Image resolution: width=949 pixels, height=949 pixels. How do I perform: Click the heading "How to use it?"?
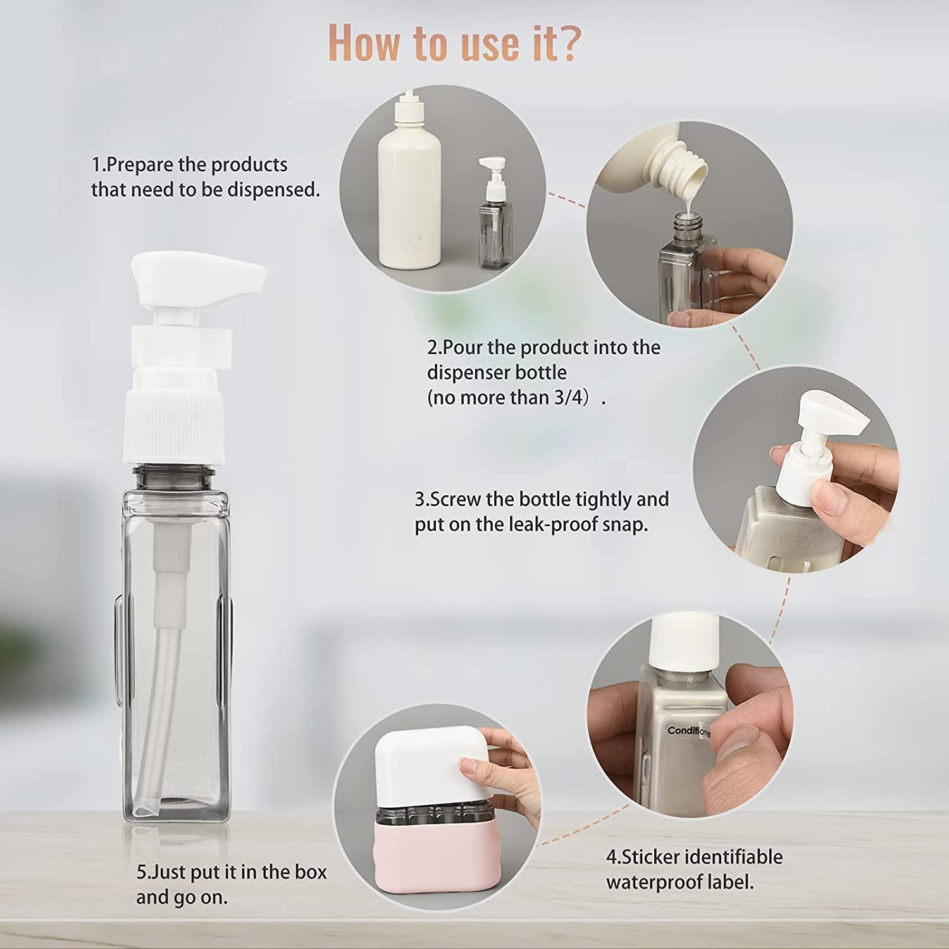tap(453, 43)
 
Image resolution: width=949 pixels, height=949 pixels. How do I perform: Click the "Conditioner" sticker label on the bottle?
tap(688, 731)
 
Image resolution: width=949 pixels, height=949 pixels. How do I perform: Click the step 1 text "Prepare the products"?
tap(190, 165)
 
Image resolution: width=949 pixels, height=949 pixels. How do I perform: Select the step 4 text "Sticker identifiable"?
tap(695, 857)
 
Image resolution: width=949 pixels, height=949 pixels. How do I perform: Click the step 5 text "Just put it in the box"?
tap(232, 872)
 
